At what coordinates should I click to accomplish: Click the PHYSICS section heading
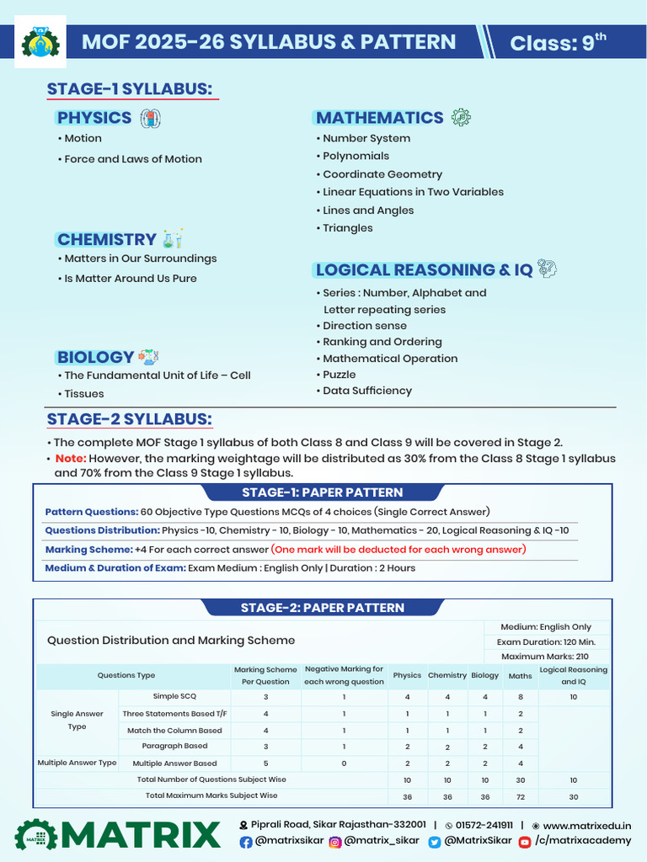[94, 118]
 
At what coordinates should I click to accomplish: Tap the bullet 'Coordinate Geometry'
[382, 174]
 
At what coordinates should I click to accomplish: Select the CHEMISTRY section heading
[106, 240]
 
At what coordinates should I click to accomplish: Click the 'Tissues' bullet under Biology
[83, 394]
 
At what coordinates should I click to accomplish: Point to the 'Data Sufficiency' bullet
[367, 391]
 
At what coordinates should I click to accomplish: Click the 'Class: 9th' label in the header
[558, 42]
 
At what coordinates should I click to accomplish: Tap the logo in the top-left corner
[39, 42]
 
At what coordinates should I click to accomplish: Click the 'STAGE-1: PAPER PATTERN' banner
[323, 492]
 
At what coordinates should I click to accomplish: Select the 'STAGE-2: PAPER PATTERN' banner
[323, 608]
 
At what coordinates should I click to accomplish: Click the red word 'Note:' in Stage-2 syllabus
[70, 459]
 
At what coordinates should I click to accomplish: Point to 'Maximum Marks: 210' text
[545, 657]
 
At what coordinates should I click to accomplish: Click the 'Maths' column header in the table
[520, 675]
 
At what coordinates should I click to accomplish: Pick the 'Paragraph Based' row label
[174, 746]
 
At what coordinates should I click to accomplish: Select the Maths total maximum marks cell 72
[520, 795]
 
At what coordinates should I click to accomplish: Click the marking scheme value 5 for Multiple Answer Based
[265, 764]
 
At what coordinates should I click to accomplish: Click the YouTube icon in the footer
[525, 842]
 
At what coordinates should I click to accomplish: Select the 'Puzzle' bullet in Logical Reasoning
[339, 375]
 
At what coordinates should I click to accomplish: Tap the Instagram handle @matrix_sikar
[381, 841]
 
